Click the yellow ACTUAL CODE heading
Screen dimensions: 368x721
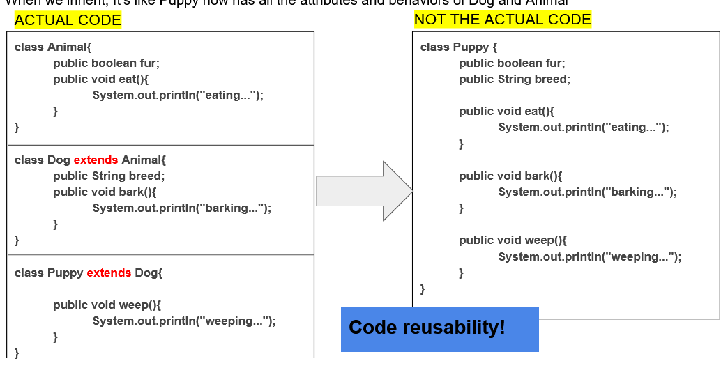(68, 20)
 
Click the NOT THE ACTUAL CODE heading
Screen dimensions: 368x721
(502, 20)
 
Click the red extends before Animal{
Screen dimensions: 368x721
(96, 160)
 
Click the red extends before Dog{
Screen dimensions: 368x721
(109, 273)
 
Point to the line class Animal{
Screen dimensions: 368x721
(53, 47)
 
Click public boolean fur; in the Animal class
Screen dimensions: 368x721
(106, 63)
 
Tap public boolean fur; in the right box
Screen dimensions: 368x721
(512, 63)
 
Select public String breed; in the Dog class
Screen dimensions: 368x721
(109, 176)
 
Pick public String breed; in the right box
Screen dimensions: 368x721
(515, 79)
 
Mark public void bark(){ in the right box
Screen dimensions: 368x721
(510, 176)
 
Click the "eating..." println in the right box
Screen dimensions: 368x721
(584, 127)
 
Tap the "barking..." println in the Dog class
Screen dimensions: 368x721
(182, 208)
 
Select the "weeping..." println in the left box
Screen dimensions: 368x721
(184, 321)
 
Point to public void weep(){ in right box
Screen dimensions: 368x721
(513, 240)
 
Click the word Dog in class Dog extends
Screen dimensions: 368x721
(59, 160)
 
